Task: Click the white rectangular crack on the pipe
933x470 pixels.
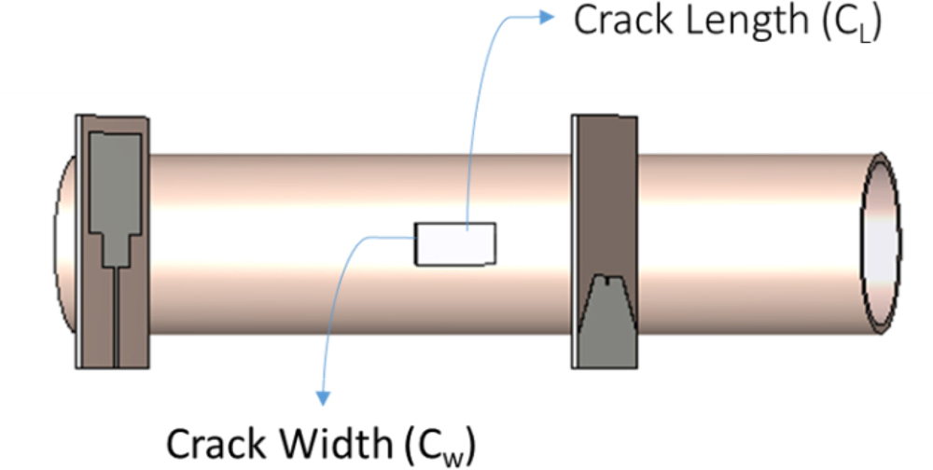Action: click(455, 243)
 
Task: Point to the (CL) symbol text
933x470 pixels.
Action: click(850, 23)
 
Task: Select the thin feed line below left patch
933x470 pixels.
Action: click(115, 317)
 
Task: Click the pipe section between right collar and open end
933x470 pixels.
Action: click(746, 242)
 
